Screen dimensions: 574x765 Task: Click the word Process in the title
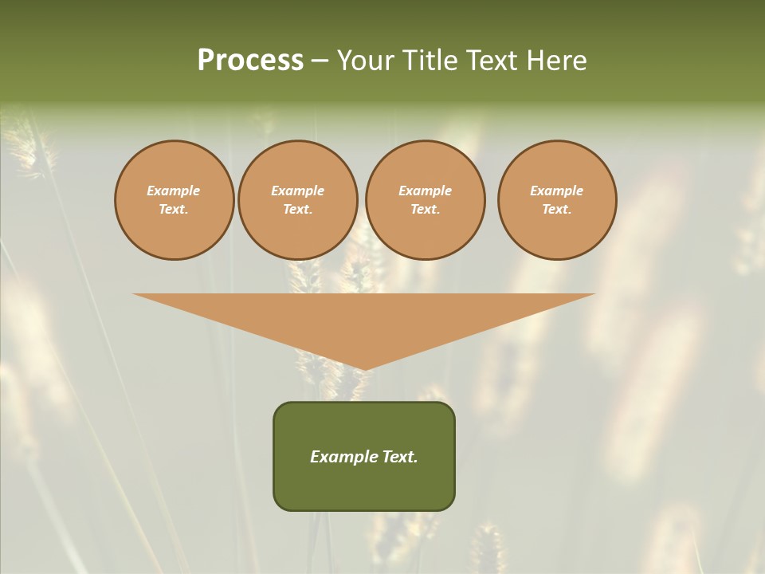[x=250, y=61]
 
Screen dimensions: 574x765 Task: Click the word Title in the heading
[x=429, y=61]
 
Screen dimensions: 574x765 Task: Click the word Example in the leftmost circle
[x=174, y=191]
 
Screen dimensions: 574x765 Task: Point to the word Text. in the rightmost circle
[x=557, y=209]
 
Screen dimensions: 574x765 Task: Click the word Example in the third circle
[x=425, y=191]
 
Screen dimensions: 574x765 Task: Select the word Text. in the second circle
[x=298, y=209]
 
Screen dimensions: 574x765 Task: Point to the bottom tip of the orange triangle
[x=364, y=368]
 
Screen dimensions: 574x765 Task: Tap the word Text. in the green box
[x=399, y=457]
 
